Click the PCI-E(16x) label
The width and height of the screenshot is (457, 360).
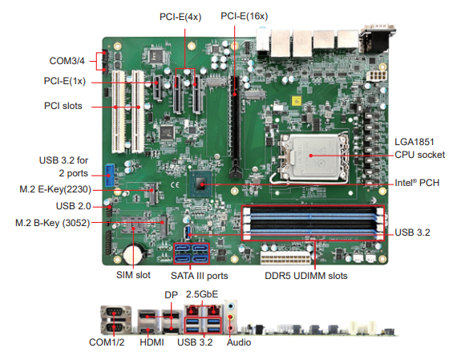point(245,16)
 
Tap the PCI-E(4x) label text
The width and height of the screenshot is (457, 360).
point(180,17)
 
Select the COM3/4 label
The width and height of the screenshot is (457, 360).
point(67,61)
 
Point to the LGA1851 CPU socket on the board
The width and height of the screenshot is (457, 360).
point(312,157)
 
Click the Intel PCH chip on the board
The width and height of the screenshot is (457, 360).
point(200,184)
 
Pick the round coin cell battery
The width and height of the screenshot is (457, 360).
point(133,254)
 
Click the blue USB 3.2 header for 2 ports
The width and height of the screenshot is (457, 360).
point(109,176)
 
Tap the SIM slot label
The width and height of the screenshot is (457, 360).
point(133,275)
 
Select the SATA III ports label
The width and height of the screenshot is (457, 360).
point(200,276)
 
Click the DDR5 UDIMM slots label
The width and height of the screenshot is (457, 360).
point(306,276)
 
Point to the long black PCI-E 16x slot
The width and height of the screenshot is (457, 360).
point(236,126)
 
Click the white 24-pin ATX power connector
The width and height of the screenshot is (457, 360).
point(285,258)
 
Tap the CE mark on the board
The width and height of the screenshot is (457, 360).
point(174,184)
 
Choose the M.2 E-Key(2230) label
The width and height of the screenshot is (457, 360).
point(55,189)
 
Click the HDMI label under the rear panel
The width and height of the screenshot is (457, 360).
point(152,342)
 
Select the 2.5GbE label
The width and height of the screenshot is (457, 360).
point(202,294)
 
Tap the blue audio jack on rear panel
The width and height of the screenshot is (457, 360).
point(232,306)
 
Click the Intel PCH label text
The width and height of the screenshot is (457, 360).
point(417,183)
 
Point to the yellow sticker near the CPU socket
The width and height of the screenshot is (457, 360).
point(297,101)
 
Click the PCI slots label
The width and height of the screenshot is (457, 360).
point(63,106)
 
